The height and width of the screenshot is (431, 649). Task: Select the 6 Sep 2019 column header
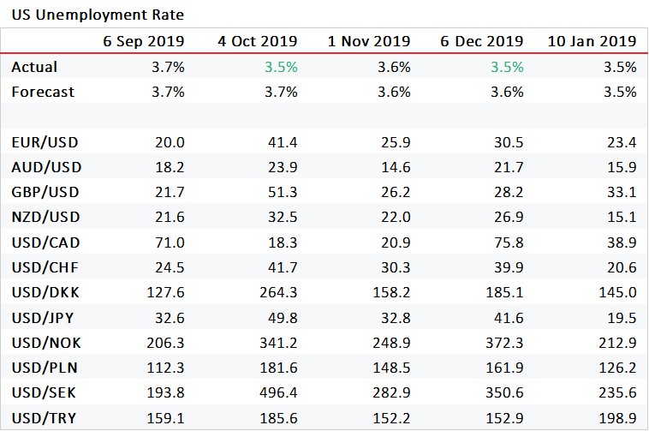[x=143, y=41]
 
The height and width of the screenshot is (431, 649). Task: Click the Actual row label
[x=34, y=67]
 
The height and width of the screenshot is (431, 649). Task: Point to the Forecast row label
[x=43, y=92]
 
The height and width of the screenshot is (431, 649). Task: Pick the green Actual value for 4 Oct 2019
[x=280, y=67]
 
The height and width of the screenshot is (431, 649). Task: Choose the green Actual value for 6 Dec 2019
[x=506, y=67]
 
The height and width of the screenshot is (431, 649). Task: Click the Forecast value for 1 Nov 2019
[x=394, y=92]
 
